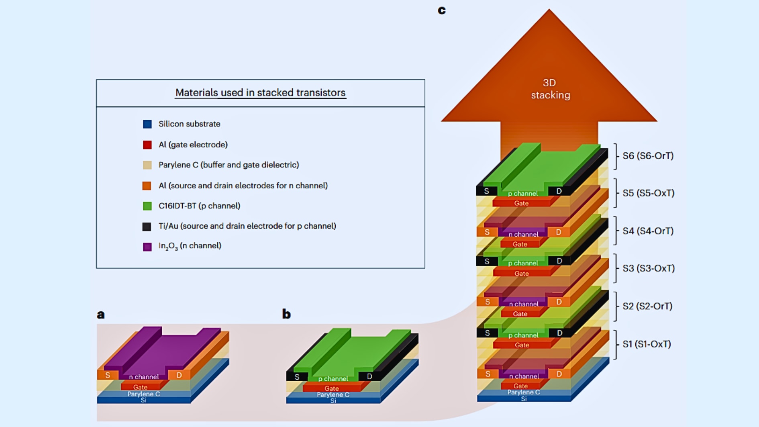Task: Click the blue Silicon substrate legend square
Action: [x=147, y=124]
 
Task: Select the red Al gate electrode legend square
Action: [x=147, y=145]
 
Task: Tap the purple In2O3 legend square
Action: [x=147, y=247]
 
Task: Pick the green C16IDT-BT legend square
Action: [x=147, y=206]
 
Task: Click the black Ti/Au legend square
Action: [x=147, y=227]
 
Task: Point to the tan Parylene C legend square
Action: [x=147, y=165]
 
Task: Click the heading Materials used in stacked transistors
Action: [x=260, y=93]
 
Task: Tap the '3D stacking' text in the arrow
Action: [x=550, y=89]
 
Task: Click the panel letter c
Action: [x=442, y=10]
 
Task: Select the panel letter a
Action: [x=101, y=315]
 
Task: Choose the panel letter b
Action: [x=286, y=314]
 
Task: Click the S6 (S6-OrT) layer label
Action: [x=648, y=156]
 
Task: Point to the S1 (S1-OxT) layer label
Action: [x=647, y=344]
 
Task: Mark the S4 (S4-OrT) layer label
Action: [x=648, y=231]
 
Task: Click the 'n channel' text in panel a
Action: [x=144, y=377]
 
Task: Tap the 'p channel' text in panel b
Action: [x=333, y=379]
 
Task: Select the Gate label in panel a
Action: [x=140, y=387]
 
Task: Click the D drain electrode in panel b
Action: [x=369, y=377]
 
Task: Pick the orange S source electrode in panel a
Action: [x=108, y=375]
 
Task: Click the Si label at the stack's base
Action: [x=524, y=399]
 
